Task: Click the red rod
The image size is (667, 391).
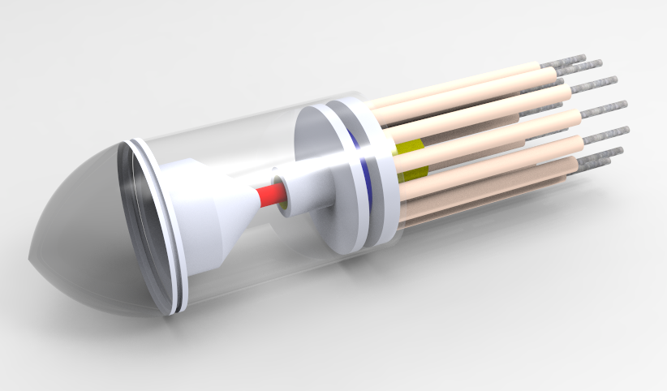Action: pos(270,195)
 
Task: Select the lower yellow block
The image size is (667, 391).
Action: pos(414,171)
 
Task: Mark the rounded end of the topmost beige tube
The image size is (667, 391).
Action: pos(553,73)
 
